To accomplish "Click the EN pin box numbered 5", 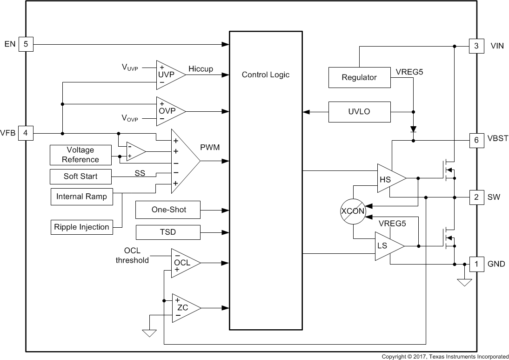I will tap(26, 44).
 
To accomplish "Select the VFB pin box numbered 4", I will tap(26, 133).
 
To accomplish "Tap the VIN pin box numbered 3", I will tap(476, 46).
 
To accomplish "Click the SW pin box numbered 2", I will tap(476, 197).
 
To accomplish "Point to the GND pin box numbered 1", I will tap(476, 264).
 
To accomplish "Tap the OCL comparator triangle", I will tap(183, 263).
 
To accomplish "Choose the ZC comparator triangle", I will tap(184, 308).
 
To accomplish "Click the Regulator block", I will tap(359, 77).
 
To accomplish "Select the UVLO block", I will tap(359, 112).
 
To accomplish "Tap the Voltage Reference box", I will tap(80, 155).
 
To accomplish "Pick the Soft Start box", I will tap(80, 177).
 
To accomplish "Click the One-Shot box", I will tap(168, 210).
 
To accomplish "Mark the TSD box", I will tap(168, 232).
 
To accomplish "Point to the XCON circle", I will tap(353, 211).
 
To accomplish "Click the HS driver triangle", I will tap(388, 178).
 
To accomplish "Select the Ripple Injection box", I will tap(81, 227).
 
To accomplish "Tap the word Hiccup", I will tap(201, 69).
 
